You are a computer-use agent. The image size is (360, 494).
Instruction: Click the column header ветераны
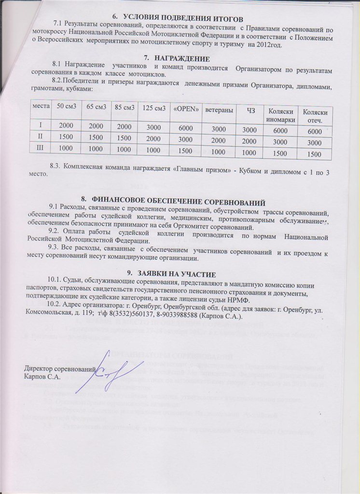pyautogui.click(x=219, y=110)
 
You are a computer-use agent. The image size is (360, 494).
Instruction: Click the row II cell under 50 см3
pyautogui.click(x=66, y=137)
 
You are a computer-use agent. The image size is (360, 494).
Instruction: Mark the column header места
pyautogui.click(x=41, y=105)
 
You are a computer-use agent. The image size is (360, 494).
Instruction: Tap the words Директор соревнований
pyautogui.click(x=52, y=369)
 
